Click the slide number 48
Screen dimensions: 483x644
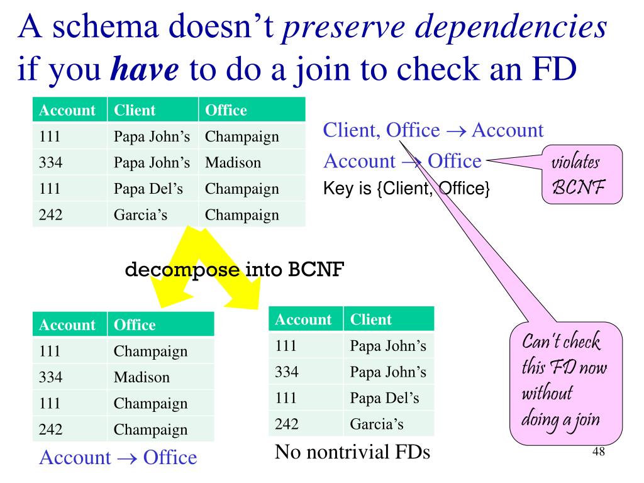(599, 453)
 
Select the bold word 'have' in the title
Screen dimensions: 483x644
(145, 72)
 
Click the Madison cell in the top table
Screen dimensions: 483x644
(233, 163)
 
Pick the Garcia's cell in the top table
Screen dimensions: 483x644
(140, 215)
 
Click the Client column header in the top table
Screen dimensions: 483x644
(135, 111)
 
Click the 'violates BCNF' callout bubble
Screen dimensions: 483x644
(582, 174)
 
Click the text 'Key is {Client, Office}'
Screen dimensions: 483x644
(406, 187)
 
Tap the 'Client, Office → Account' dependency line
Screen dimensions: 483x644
(433, 131)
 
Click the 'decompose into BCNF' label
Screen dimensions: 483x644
(235, 270)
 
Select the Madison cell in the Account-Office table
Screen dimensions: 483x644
(142, 377)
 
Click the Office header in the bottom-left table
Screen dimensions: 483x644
(135, 325)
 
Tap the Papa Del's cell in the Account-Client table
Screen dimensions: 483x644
(384, 398)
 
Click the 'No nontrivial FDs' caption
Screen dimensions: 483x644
(352, 452)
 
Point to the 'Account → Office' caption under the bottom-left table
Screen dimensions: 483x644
(118, 457)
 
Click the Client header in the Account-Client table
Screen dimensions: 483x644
(371, 319)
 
